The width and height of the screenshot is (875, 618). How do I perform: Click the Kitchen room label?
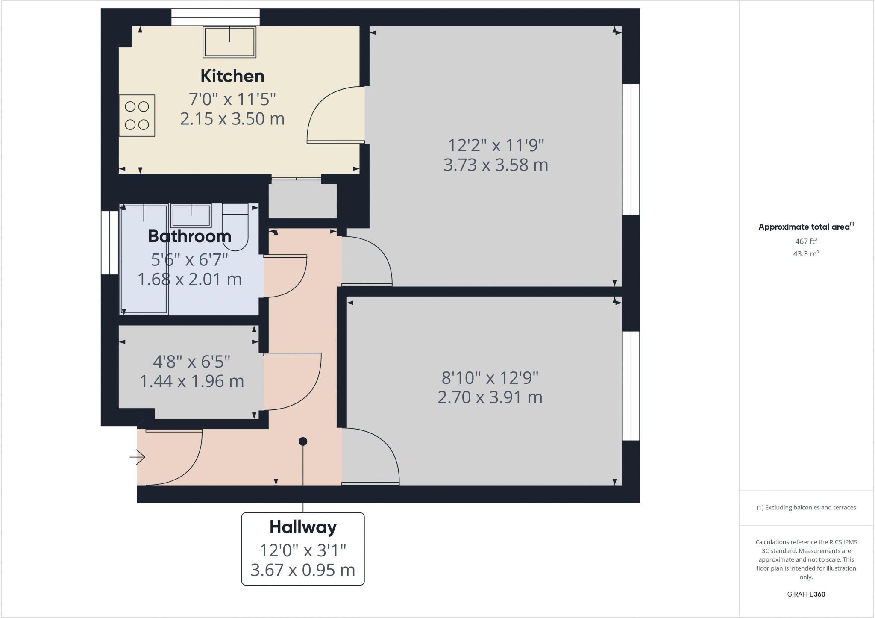[x=232, y=76]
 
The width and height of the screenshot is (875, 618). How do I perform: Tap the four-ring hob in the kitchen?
[x=137, y=115]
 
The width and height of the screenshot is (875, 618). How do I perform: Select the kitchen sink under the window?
[x=229, y=42]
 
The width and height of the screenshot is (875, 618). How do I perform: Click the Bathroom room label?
[x=190, y=236]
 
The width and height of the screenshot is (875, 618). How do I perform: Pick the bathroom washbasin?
[x=191, y=215]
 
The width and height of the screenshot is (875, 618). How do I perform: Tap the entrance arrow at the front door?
[x=138, y=457]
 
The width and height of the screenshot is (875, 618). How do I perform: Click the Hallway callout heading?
[x=303, y=527]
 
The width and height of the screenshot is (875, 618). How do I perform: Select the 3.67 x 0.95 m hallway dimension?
[x=303, y=570]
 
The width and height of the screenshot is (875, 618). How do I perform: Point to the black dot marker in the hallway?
[x=303, y=441]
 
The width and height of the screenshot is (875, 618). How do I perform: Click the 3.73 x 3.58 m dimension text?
[x=496, y=165]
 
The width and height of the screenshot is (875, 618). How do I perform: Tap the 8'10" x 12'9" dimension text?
[x=490, y=378]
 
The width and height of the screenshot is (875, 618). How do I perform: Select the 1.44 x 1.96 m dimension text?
[x=192, y=381]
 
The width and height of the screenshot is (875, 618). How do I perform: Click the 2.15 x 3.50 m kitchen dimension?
[x=232, y=119]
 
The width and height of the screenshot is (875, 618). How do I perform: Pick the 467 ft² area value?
[x=806, y=241]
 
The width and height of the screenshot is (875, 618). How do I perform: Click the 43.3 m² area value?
[x=806, y=254]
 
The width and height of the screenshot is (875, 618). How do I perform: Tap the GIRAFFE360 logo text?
[x=806, y=594]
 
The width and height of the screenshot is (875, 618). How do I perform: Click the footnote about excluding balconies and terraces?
[x=806, y=508]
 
